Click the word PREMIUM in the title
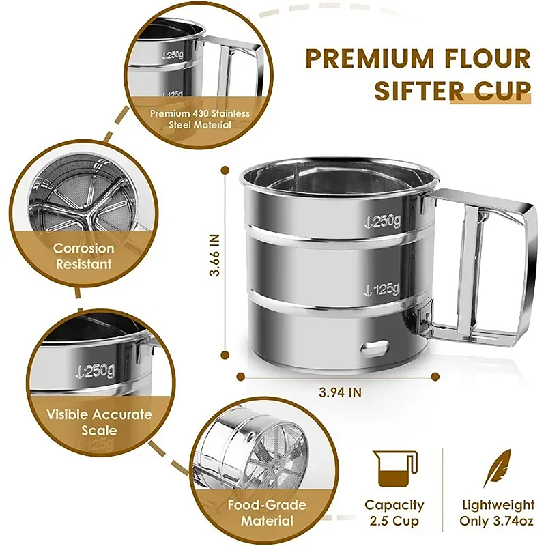(x=369, y=58)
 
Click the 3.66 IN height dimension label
(x=215, y=255)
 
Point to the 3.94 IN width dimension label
(x=341, y=392)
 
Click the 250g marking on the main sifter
(x=382, y=220)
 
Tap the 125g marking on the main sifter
(x=382, y=289)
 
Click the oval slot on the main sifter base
(x=375, y=349)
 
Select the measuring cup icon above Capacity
(x=395, y=468)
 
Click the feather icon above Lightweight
(x=497, y=468)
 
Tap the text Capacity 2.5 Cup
(x=394, y=513)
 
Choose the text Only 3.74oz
(x=497, y=521)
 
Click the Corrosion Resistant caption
(x=83, y=256)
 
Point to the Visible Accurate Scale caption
(x=99, y=422)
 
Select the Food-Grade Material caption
(x=267, y=513)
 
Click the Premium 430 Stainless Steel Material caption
(x=200, y=119)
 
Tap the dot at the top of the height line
(x=225, y=170)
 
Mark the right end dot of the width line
(x=435, y=377)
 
